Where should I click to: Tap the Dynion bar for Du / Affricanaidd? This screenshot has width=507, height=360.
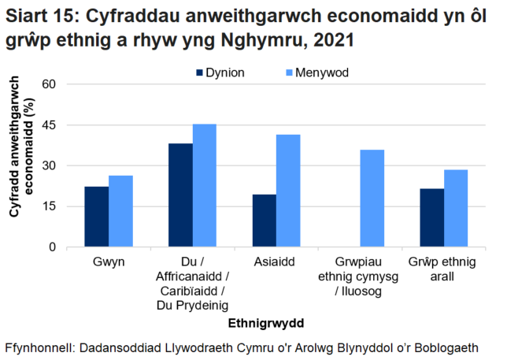[180, 195]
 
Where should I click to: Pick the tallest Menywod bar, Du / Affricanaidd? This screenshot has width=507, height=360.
[204, 185]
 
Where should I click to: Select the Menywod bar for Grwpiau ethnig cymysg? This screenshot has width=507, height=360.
[372, 199]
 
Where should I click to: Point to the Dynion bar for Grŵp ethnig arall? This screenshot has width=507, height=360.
[431, 217]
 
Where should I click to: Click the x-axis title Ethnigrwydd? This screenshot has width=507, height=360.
[265, 323]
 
